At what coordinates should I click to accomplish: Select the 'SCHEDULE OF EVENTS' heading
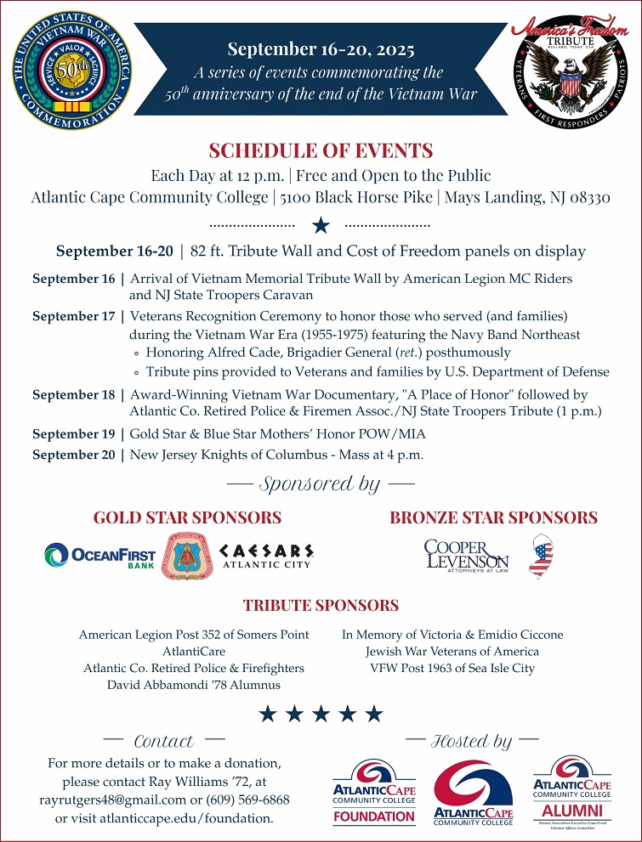pyautogui.click(x=321, y=151)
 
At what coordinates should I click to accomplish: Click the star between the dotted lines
pyautogui.click(x=321, y=225)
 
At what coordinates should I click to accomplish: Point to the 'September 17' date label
pyautogui.click(x=73, y=316)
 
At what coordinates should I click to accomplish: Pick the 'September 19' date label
pyautogui.click(x=73, y=434)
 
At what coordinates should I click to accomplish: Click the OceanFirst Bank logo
pyautogui.click(x=100, y=556)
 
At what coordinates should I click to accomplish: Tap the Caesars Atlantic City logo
pyautogui.click(x=267, y=556)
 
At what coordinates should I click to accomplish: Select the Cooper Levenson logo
pyautogui.click(x=466, y=556)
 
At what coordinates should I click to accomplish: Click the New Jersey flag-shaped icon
pyautogui.click(x=541, y=556)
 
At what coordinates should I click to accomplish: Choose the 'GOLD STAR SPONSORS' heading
pyautogui.click(x=187, y=517)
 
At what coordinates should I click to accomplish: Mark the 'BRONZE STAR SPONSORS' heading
pyautogui.click(x=493, y=517)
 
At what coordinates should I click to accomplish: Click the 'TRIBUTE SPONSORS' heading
pyautogui.click(x=321, y=606)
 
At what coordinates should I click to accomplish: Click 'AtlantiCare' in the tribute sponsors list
pyautogui.click(x=194, y=652)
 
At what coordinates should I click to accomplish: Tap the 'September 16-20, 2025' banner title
pyautogui.click(x=321, y=50)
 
